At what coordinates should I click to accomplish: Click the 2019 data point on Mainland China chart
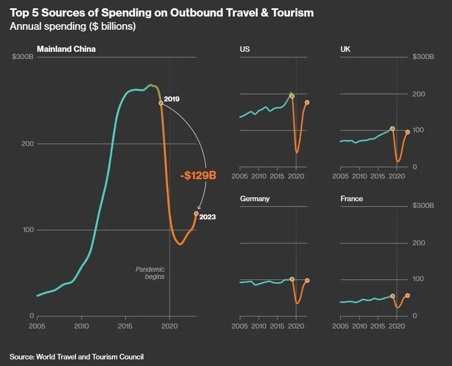point(161,103)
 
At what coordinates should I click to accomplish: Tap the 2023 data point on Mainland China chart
point(196,213)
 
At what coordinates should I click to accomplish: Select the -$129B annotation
point(198,176)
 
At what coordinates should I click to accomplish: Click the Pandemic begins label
point(150,273)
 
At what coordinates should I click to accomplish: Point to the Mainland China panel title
point(66,49)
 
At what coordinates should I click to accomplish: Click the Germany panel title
point(255,198)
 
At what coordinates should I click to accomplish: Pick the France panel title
point(352,198)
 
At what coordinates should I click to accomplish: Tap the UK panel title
point(346,49)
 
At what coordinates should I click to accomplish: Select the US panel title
point(245,49)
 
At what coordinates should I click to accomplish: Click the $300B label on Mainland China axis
point(23,57)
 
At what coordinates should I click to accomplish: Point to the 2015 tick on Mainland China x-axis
point(126,326)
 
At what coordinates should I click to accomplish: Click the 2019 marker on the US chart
point(292,96)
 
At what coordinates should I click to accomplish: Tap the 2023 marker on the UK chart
point(407,132)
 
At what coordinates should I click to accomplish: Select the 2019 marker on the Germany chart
point(292,279)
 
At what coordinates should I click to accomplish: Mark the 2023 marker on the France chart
point(407,295)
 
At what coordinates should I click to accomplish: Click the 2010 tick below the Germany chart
point(259,326)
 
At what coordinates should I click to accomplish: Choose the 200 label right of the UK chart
point(418,94)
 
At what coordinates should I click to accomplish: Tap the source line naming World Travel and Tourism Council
point(77,357)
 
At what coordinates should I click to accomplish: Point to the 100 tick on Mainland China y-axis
point(28,230)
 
